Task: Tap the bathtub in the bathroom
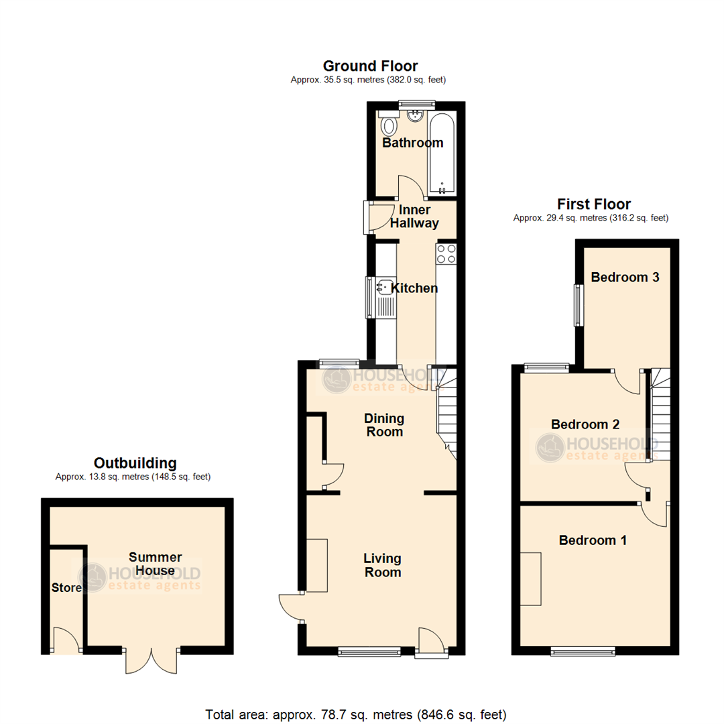click(x=442, y=154)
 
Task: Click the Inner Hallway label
click(x=415, y=217)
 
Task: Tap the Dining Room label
click(x=383, y=425)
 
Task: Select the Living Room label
click(x=382, y=565)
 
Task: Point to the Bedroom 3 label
click(x=625, y=277)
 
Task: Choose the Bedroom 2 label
click(x=585, y=424)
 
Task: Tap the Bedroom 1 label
click(x=593, y=540)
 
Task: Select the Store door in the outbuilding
click(x=65, y=640)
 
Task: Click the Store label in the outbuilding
click(x=66, y=588)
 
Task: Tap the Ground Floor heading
click(x=370, y=66)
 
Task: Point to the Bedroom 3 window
click(x=577, y=304)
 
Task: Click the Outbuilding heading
click(x=135, y=463)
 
